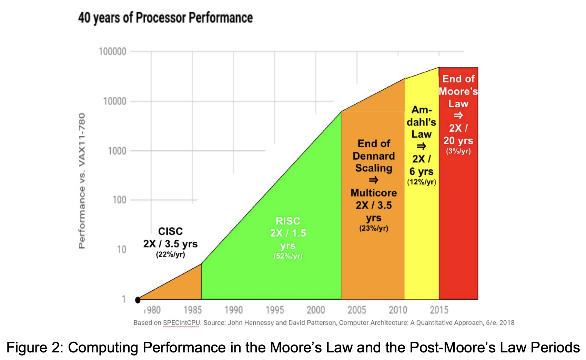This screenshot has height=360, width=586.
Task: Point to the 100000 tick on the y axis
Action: [112, 52]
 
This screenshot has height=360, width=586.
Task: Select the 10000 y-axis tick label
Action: [114, 101]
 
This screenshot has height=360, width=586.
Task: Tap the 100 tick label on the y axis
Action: [119, 200]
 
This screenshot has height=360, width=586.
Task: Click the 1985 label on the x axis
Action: [192, 310]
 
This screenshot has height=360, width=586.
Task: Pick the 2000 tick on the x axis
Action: [316, 310]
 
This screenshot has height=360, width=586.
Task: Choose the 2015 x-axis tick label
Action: [439, 310]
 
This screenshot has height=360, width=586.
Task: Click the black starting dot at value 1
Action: [138, 300]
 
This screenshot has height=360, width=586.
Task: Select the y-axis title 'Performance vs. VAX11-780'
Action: [82, 181]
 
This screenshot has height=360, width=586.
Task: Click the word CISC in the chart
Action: [170, 231]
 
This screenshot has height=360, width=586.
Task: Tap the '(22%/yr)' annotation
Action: [170, 255]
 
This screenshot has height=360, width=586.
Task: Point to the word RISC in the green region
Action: [288, 221]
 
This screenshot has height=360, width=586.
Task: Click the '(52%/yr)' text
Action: [288, 257]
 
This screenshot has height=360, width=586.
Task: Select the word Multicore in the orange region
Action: [374, 193]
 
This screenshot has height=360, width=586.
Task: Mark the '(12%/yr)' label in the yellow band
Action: [422, 182]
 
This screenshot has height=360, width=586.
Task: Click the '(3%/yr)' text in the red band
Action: [458, 151]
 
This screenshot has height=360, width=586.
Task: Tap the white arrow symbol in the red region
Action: [458, 116]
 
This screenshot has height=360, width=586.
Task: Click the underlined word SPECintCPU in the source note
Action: [181, 323]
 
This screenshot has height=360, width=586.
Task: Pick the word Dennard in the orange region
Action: [374, 156]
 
